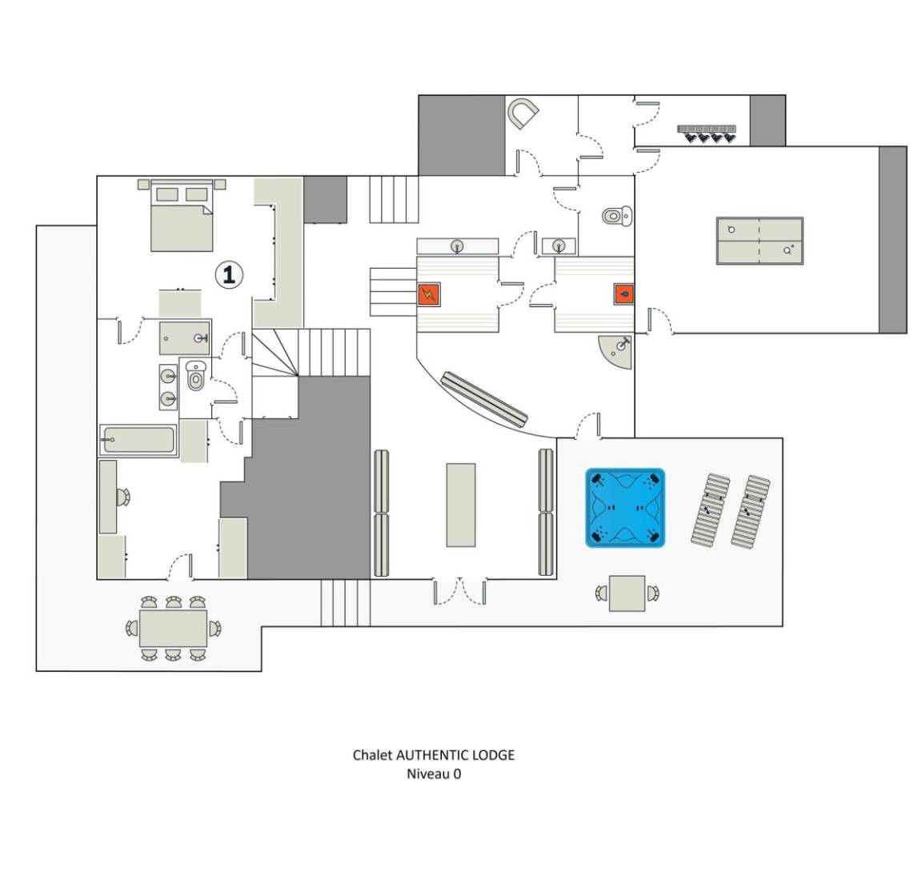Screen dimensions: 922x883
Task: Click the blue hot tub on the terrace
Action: tap(625, 508)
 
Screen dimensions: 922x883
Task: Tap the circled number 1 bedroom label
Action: tap(229, 274)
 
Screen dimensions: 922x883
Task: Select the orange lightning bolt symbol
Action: tap(429, 294)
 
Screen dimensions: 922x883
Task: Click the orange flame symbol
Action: tap(624, 294)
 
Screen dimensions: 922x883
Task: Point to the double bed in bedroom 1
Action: tap(182, 216)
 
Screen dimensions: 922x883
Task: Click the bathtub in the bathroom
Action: tap(138, 440)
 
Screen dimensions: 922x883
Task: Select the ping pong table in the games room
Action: tap(760, 241)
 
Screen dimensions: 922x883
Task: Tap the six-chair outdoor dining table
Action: tap(173, 629)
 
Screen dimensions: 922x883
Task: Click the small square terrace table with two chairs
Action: tap(627, 593)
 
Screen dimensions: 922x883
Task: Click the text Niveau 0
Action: tap(434, 773)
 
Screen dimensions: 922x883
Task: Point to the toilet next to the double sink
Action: tap(195, 376)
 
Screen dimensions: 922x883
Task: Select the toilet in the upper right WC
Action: tap(617, 216)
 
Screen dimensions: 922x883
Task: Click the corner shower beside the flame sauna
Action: tap(618, 350)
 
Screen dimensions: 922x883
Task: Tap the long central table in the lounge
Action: tap(461, 505)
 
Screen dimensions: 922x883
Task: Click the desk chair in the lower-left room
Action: tap(123, 497)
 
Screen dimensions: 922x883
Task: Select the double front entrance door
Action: tap(460, 591)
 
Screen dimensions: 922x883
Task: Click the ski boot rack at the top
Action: tap(706, 134)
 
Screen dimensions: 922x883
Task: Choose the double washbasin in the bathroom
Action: tap(168, 387)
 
